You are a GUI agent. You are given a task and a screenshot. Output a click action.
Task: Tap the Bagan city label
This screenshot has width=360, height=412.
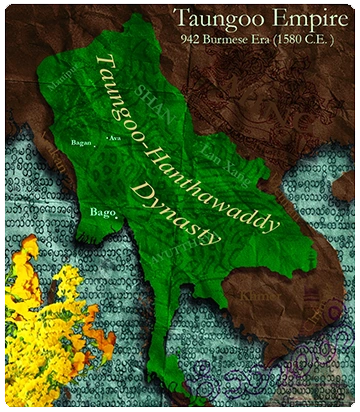[x=81, y=143]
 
